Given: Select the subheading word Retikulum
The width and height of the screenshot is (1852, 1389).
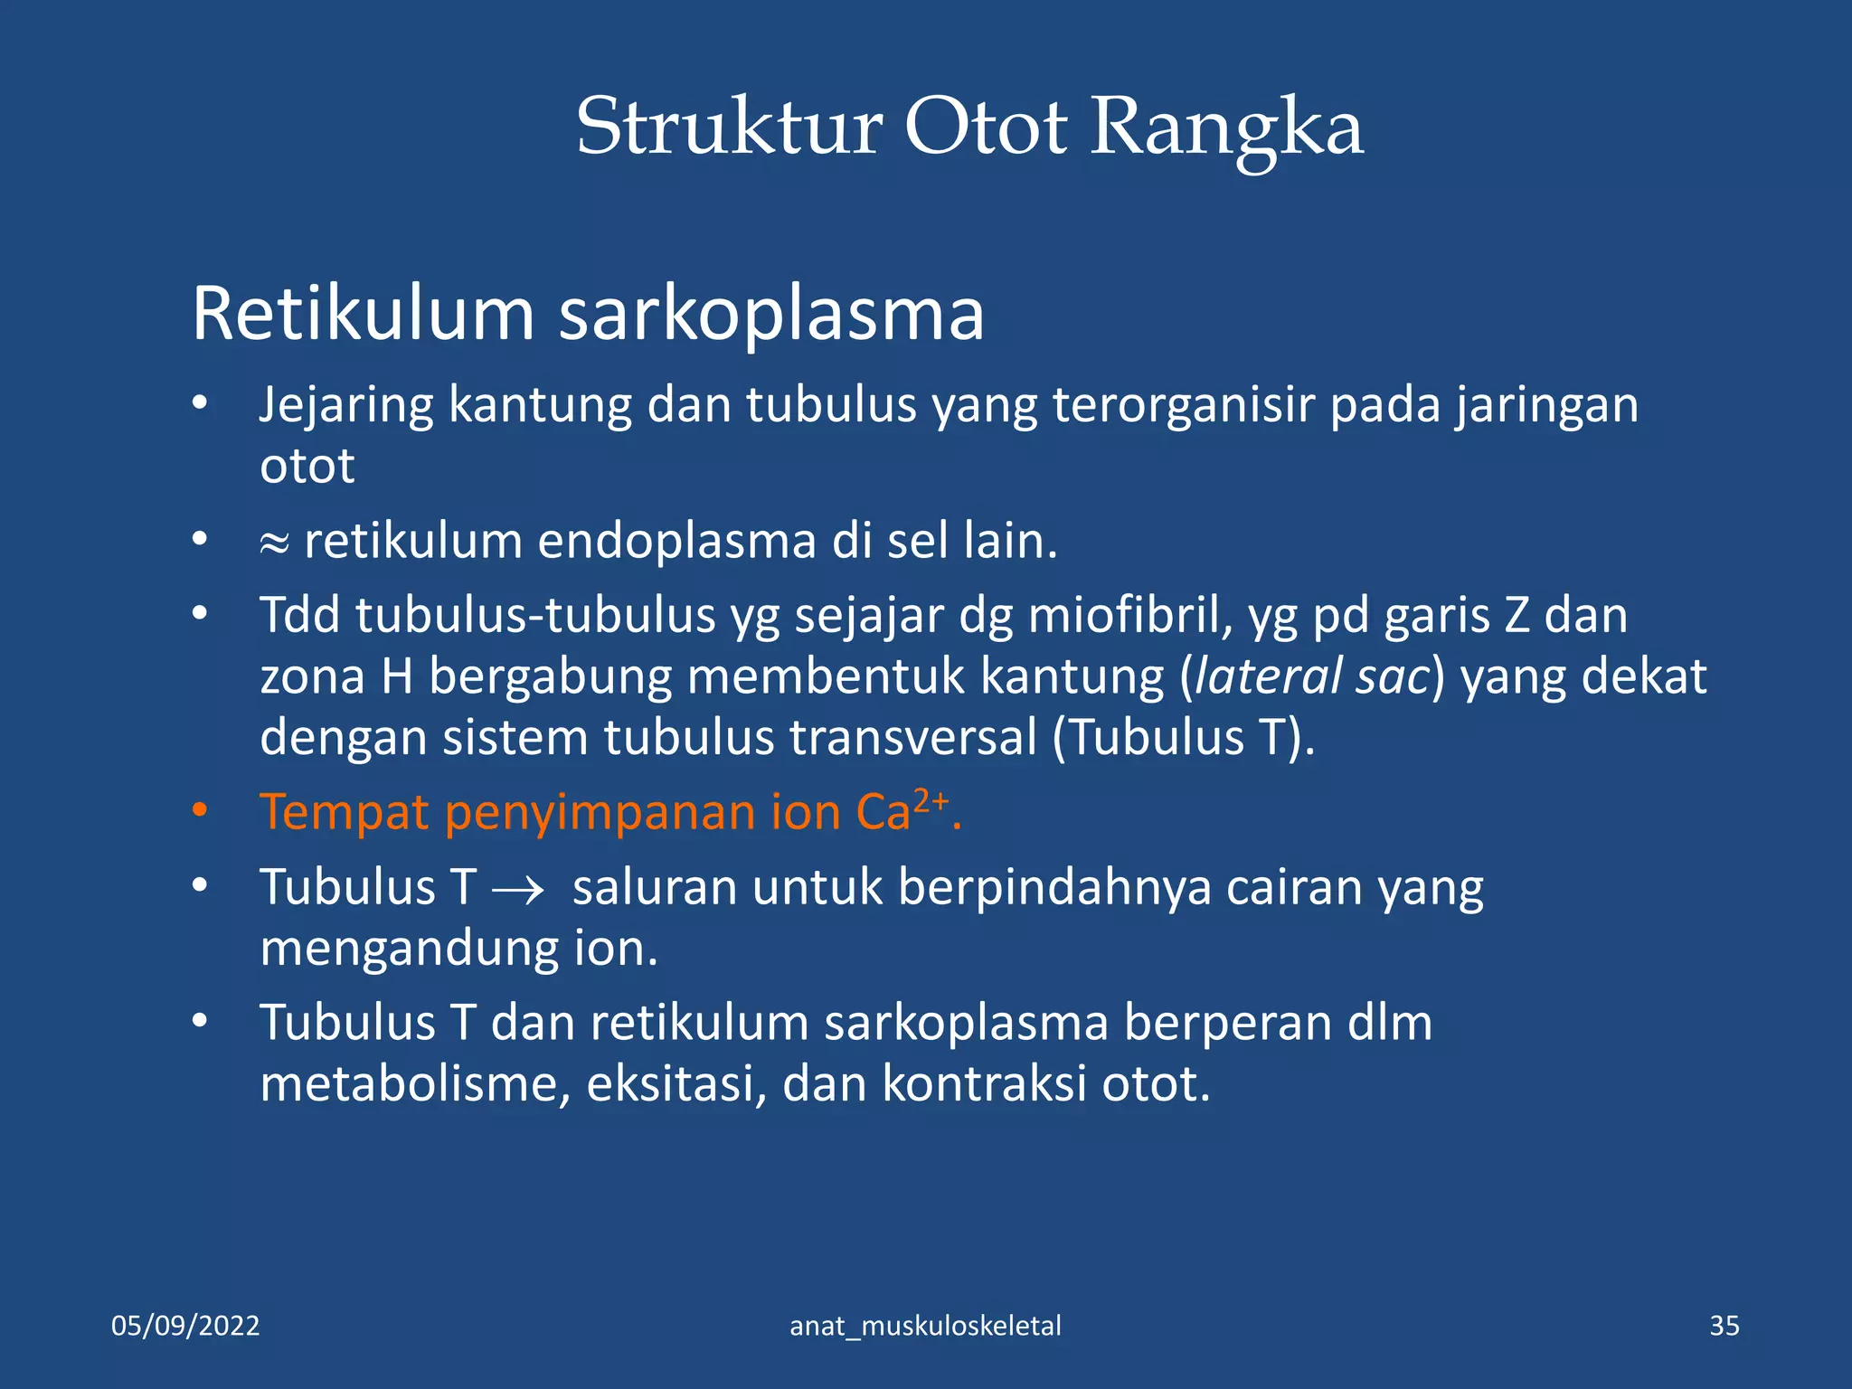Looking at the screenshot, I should (x=364, y=314).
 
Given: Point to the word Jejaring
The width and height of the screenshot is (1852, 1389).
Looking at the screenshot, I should (x=346, y=406).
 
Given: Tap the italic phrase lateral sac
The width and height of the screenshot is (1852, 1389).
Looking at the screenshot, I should (x=1313, y=676).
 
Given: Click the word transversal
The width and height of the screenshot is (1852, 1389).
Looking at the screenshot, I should (x=913, y=737).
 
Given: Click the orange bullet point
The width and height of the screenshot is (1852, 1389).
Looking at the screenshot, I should (x=200, y=810).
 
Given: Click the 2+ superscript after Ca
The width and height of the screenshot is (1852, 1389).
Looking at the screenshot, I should (x=931, y=800).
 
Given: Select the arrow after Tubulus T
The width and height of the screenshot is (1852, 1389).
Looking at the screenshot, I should (x=518, y=890).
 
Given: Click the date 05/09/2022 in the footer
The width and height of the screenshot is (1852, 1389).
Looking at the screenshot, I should (x=185, y=1326).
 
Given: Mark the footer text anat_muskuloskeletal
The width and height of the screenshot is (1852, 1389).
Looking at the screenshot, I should (x=925, y=1326).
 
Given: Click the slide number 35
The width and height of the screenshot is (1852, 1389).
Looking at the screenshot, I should (x=1724, y=1326).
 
